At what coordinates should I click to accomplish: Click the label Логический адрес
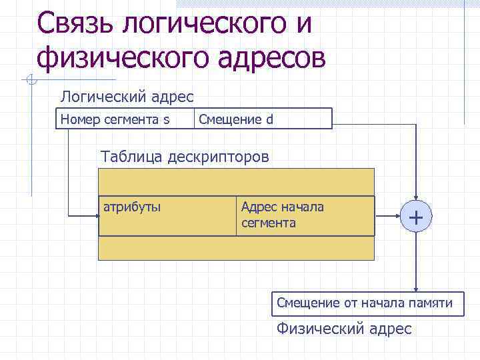coord(127,97)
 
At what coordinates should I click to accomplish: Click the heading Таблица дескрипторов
coord(185,157)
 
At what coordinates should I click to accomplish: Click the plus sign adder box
coord(416,216)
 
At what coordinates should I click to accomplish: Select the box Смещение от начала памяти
coord(365,303)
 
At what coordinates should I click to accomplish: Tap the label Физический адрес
coord(344,329)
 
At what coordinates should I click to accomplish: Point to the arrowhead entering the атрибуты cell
coord(95,216)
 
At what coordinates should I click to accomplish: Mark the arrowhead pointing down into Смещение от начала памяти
coord(416,288)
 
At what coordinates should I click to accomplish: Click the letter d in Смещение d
coord(269,120)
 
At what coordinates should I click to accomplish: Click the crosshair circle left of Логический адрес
coord(29,81)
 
